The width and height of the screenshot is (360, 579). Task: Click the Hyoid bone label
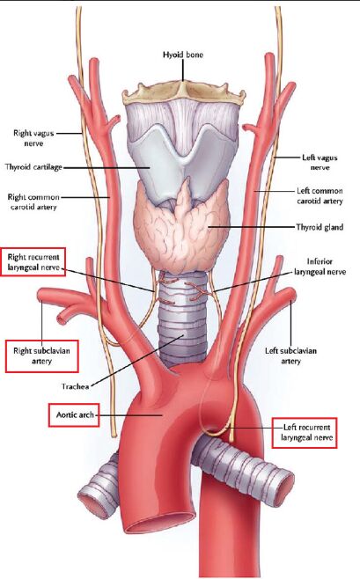pyautogui.click(x=183, y=55)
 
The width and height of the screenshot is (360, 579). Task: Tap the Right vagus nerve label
pyautogui.click(x=33, y=138)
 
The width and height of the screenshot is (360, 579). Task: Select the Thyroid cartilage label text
pyautogui.click(x=33, y=167)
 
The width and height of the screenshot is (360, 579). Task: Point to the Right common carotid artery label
pyautogui.click(x=33, y=202)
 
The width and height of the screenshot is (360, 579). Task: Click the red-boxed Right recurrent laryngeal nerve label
pyautogui.click(x=33, y=262)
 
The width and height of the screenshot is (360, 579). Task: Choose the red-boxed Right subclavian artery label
pyautogui.click(x=41, y=355)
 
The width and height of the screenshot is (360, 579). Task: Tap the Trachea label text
pyautogui.click(x=76, y=386)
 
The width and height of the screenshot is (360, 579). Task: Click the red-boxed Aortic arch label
pyautogui.click(x=74, y=415)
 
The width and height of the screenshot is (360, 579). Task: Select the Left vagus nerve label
pyautogui.click(x=320, y=162)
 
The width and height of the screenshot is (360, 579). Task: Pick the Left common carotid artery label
pyautogui.click(x=320, y=195)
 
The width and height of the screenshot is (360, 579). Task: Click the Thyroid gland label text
pyautogui.click(x=320, y=227)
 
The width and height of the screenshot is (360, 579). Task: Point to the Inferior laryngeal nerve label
pyautogui.click(x=320, y=267)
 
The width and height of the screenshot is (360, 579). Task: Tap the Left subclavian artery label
pyautogui.click(x=291, y=355)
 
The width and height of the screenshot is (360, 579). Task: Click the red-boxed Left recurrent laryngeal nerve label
pyautogui.click(x=305, y=433)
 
